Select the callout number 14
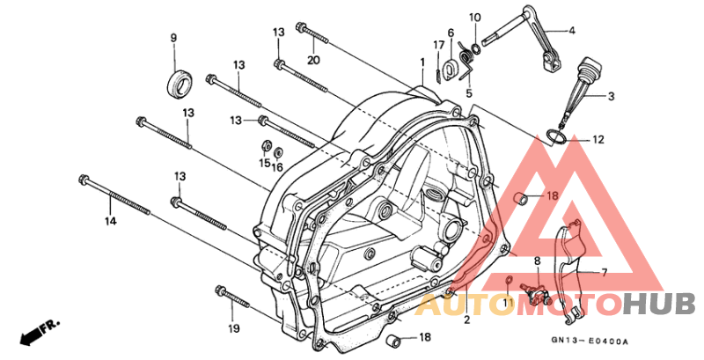(x=111, y=221)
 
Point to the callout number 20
(x=313, y=60)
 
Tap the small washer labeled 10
(x=476, y=48)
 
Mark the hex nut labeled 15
(x=266, y=146)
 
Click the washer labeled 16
(x=278, y=151)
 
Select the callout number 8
(x=537, y=261)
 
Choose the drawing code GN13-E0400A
(x=590, y=342)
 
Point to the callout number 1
(x=422, y=62)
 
